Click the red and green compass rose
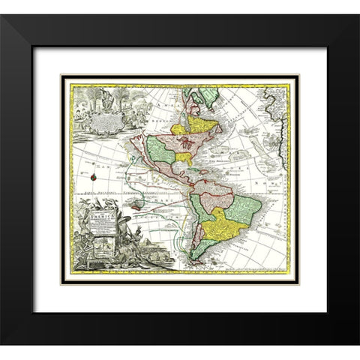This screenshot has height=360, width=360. tap(94, 177)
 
